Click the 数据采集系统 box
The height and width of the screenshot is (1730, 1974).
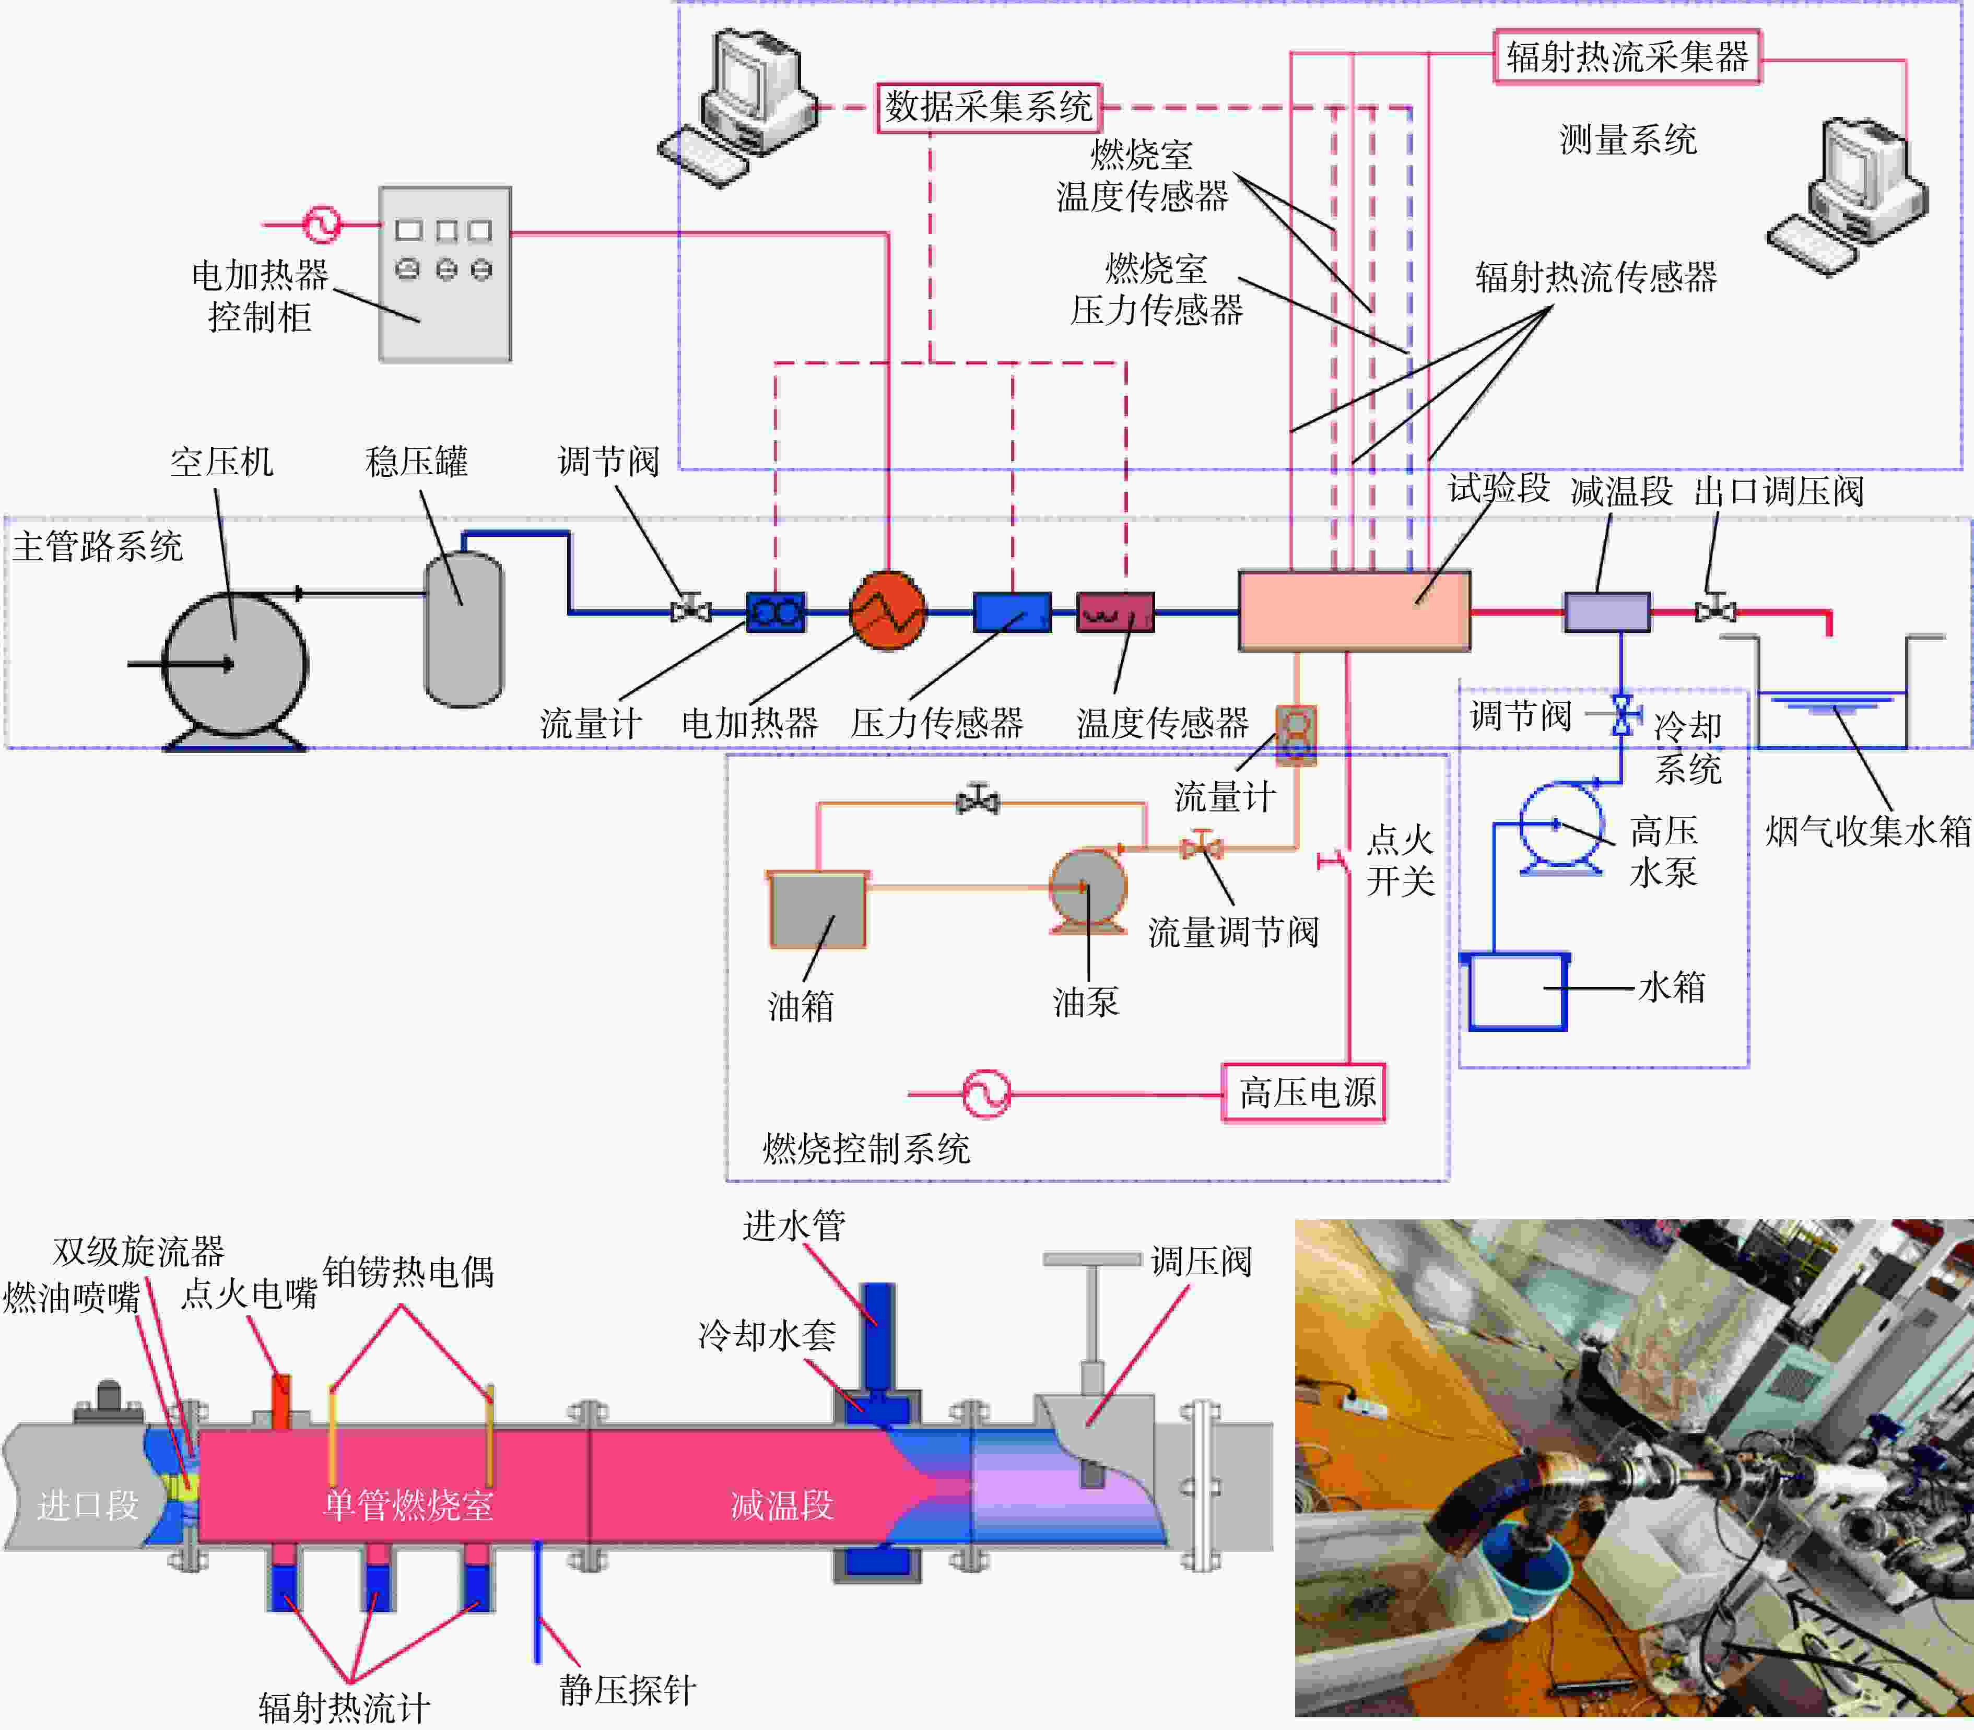(989, 107)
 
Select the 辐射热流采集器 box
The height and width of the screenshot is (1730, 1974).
(1627, 57)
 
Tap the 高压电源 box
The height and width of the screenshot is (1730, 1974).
(1303, 1093)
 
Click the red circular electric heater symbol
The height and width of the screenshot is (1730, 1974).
(887, 611)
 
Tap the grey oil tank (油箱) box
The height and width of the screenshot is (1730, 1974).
(817, 910)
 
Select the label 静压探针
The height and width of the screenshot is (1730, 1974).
(627, 1689)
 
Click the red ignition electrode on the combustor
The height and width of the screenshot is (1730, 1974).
(281, 1401)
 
